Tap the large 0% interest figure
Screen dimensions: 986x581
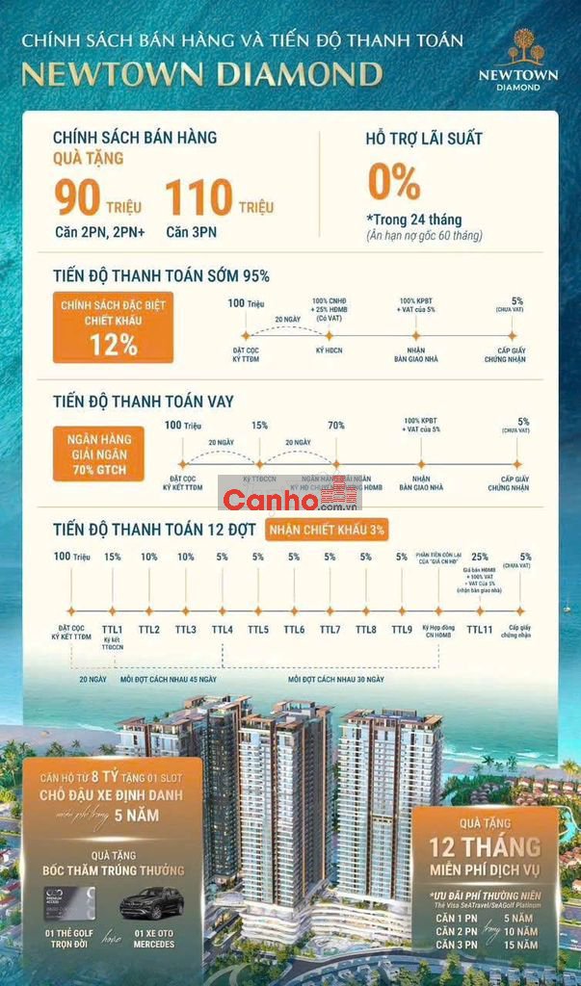click(x=393, y=182)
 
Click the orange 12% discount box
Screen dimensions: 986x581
click(x=114, y=327)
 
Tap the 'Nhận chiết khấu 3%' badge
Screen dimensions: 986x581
click(x=328, y=530)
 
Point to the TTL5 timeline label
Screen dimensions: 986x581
click(x=258, y=630)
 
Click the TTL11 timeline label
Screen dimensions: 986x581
click(x=480, y=630)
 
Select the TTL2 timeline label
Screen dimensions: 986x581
click(x=149, y=630)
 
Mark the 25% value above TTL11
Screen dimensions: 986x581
click(x=480, y=557)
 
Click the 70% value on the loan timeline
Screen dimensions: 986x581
click(x=336, y=425)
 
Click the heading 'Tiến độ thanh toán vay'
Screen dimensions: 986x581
click(x=144, y=402)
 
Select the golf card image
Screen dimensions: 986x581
click(x=65, y=903)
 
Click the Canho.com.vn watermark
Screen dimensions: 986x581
click(x=289, y=499)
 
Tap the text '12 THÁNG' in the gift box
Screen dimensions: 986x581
click(x=486, y=846)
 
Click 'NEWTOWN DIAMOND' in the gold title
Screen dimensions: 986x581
click(x=201, y=74)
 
